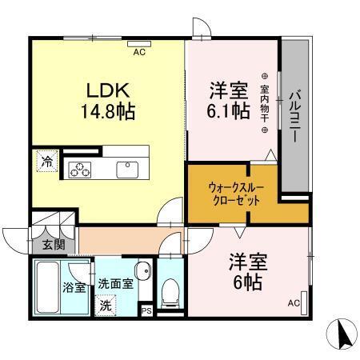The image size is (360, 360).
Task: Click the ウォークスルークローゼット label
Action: (232, 192)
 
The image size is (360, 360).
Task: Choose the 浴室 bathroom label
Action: (74, 287)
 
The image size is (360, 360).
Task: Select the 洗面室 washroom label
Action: (114, 284)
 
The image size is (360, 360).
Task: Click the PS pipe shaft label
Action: (146, 310)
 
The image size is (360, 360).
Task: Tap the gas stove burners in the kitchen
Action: (82, 168)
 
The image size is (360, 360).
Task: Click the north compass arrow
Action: (341, 334)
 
